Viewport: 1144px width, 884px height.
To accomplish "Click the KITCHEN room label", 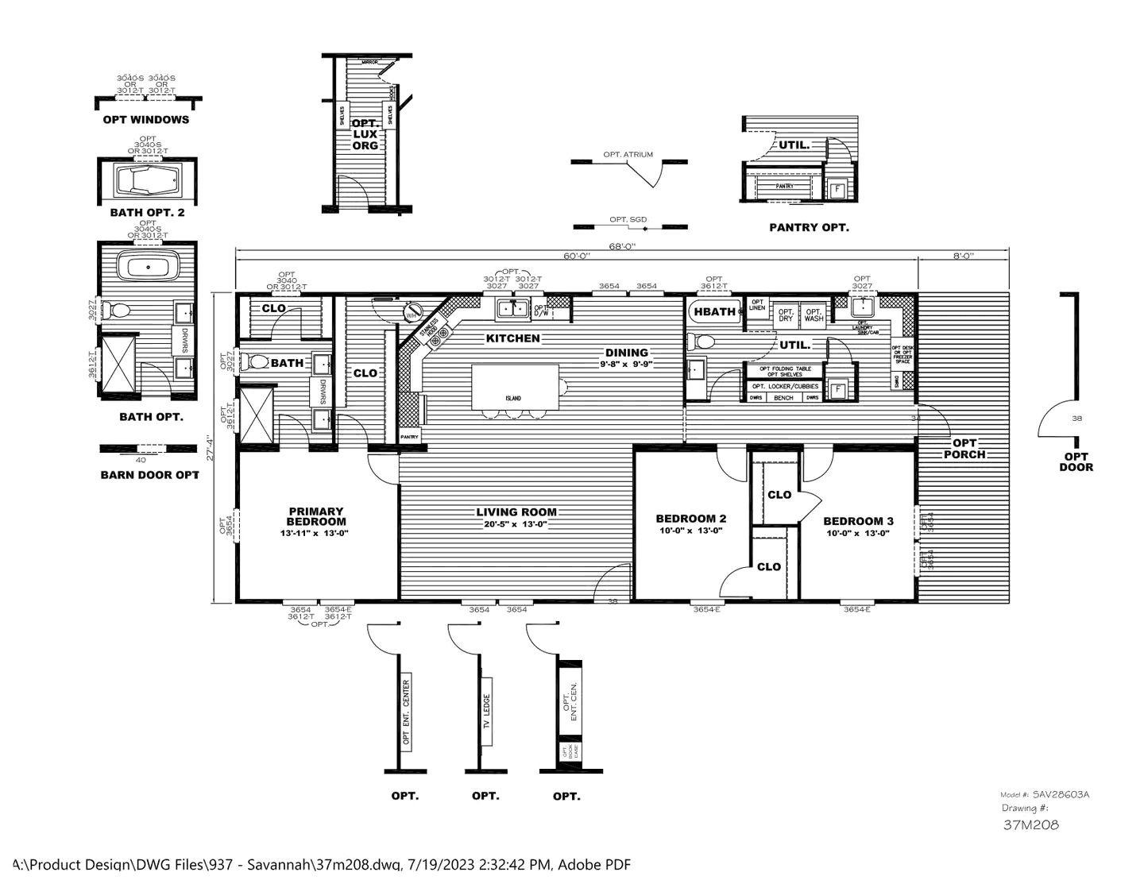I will [x=513, y=338].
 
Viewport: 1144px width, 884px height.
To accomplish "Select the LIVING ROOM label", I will [x=516, y=512].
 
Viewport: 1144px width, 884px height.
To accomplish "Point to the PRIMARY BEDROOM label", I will [x=315, y=516].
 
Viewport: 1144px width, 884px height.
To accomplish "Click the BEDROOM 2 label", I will [x=690, y=519].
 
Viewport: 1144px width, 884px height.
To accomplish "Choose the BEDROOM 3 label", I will [x=858, y=521].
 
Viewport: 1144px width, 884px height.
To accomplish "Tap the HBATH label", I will [x=715, y=311].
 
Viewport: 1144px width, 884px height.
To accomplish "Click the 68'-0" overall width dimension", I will [x=622, y=246].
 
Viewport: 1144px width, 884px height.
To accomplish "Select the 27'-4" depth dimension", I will [x=211, y=447].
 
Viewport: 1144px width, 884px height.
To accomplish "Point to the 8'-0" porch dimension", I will [x=964, y=256].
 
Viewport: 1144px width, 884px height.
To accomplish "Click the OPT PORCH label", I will [x=964, y=449].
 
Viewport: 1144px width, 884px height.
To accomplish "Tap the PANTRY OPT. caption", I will [x=809, y=227].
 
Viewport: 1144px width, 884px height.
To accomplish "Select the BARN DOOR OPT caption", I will [x=149, y=475].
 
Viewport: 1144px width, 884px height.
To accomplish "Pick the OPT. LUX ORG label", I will [x=365, y=135].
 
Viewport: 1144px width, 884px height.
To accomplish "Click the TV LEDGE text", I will [x=487, y=713].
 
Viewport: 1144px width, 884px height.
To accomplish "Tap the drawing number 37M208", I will [x=1030, y=824].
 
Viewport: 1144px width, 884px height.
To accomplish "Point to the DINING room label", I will [x=626, y=353].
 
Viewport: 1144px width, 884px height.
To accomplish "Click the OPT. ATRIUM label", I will [x=628, y=154].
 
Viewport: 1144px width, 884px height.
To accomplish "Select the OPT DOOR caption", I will [x=1076, y=461].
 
